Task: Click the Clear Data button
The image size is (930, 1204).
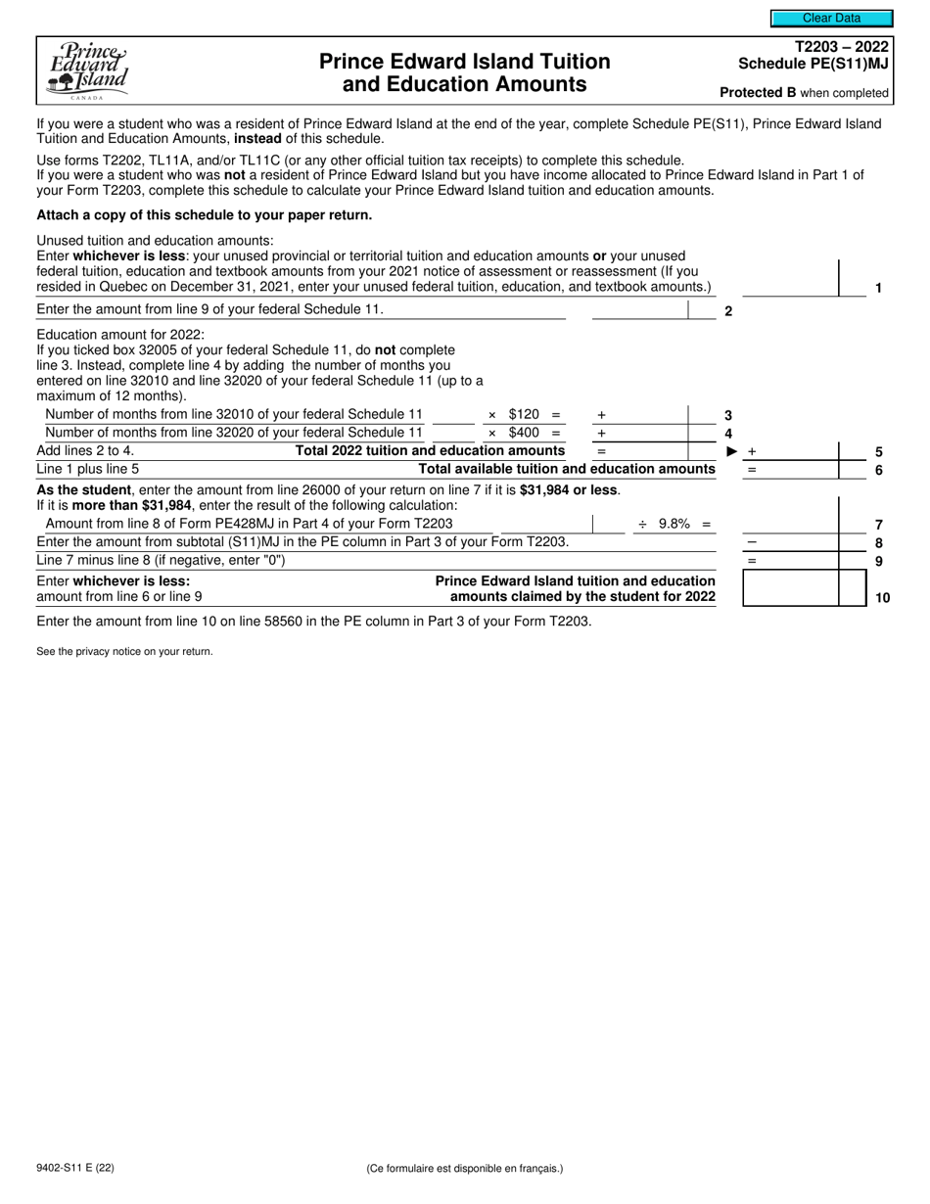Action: click(831, 18)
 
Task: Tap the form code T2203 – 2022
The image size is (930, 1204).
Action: click(843, 47)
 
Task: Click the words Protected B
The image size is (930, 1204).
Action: click(757, 93)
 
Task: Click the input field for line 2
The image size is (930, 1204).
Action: click(639, 310)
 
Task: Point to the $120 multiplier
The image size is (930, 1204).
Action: click(524, 414)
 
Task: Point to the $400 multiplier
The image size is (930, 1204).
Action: click(524, 433)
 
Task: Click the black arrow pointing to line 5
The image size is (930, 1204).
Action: click(731, 451)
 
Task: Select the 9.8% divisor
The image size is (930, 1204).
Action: click(674, 524)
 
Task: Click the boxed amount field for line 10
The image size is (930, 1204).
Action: click(790, 587)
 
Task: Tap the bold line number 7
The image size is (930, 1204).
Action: click(879, 525)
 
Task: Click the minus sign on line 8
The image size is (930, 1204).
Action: click(752, 542)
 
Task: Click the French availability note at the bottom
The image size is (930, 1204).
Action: click(465, 1168)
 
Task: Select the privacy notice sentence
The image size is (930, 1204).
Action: click(124, 651)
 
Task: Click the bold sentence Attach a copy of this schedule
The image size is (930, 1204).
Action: click(204, 214)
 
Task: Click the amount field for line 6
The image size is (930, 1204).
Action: click(790, 469)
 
